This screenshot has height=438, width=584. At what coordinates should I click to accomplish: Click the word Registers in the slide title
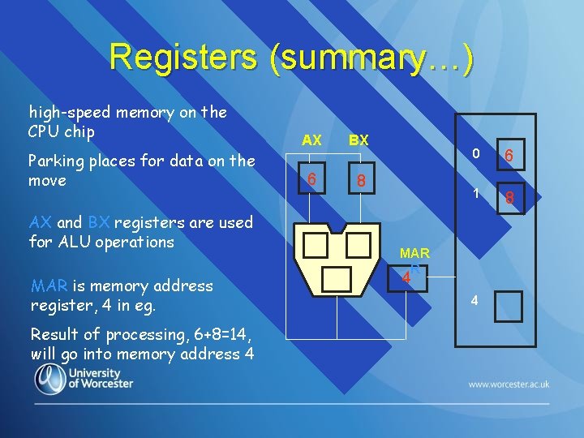point(182,57)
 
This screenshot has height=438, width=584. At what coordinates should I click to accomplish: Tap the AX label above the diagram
point(311,140)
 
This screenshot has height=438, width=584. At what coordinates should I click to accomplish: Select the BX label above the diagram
point(359,140)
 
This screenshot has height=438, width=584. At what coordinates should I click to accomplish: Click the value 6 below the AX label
point(311,178)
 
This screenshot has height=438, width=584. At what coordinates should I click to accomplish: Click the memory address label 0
point(477,154)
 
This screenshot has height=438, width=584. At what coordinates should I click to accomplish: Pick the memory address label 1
point(477,194)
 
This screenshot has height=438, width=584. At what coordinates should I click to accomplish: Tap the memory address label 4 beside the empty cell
point(474,302)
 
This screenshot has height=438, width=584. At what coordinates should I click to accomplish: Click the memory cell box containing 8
point(509,196)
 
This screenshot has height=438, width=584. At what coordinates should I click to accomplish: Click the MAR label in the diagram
point(414,254)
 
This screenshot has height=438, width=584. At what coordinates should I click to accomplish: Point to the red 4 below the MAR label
point(406,278)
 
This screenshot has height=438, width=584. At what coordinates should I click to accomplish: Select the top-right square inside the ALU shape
point(358,244)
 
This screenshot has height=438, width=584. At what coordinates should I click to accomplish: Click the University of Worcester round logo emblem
point(50,380)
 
